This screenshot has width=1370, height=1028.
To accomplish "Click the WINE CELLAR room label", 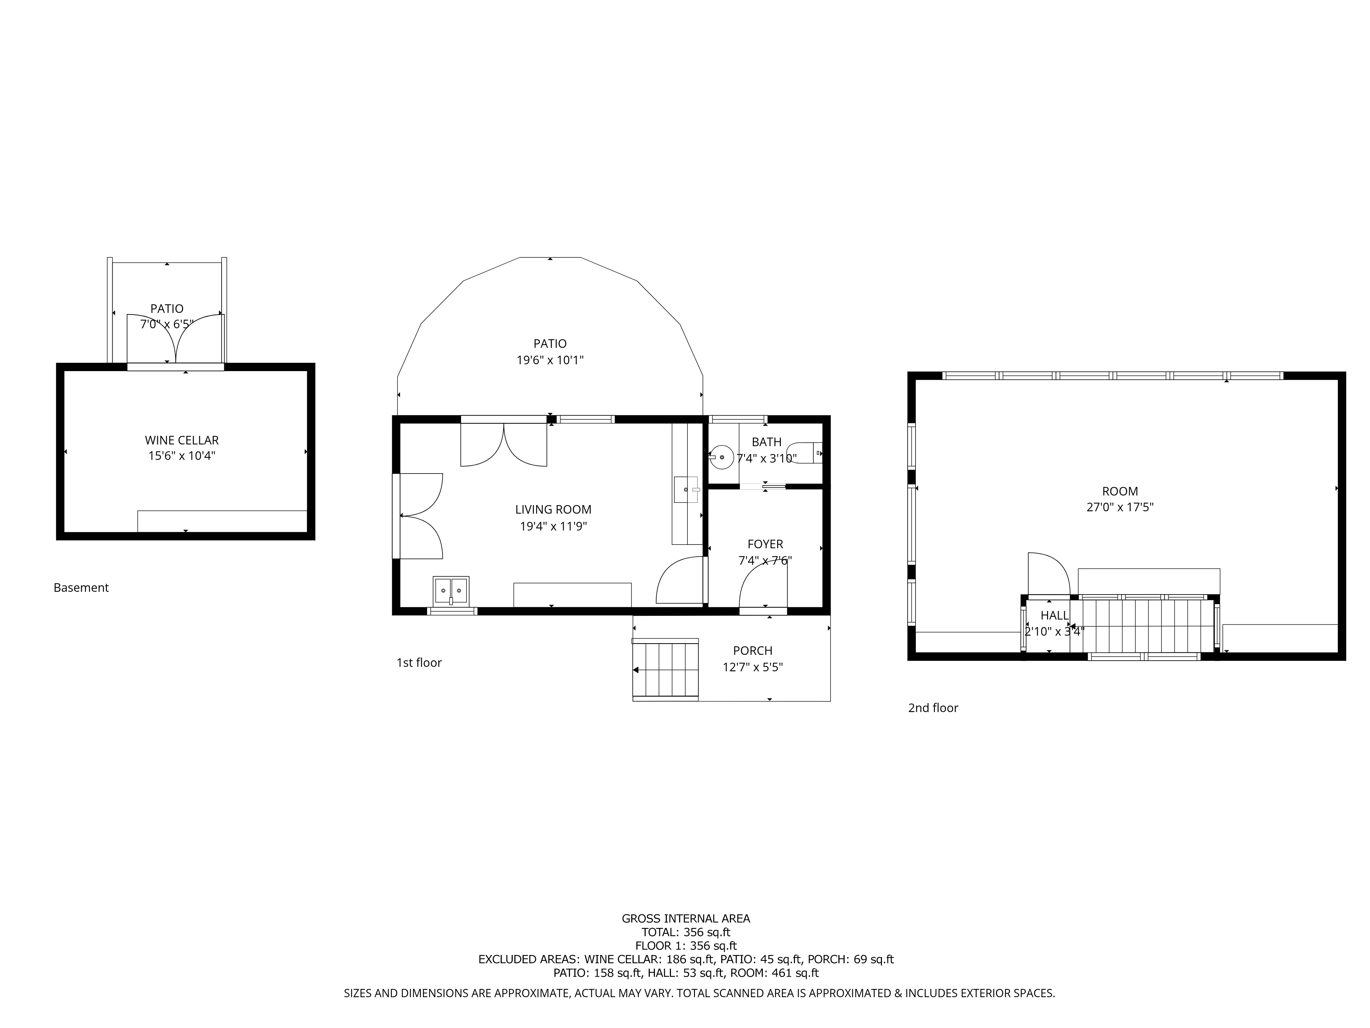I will tap(182, 440).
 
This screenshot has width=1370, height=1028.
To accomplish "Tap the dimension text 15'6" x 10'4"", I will tap(182, 456).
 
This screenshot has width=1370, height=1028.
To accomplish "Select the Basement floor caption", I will tap(81, 587).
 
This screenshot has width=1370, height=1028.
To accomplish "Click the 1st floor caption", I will tap(419, 662).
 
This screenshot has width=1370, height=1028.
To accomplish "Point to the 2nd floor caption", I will tap(933, 708).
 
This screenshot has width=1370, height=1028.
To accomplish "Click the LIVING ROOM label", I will tap(553, 509).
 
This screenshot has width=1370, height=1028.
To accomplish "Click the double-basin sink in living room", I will tap(451, 590).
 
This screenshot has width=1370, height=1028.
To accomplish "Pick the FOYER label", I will tap(765, 544).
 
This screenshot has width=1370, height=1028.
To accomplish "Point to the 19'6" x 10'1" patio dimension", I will tap(550, 360).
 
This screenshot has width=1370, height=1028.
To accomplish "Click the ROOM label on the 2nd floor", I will tap(1120, 491).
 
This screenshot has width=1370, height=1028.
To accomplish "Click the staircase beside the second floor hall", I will tap(1146, 625).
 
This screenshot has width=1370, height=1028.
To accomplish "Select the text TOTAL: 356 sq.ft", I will tap(686, 932).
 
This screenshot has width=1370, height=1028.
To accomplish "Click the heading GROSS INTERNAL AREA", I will tap(686, 918).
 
